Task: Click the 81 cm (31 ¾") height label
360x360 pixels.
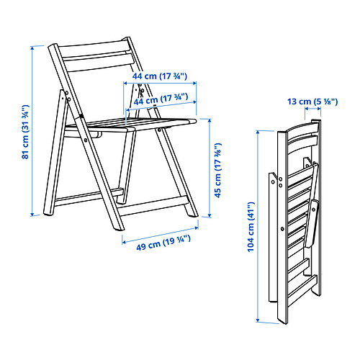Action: (x=25, y=132)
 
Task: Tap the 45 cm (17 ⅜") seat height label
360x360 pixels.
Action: (x=218, y=171)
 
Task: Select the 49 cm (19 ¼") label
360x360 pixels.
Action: (x=163, y=243)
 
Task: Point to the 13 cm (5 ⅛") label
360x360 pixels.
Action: (x=312, y=102)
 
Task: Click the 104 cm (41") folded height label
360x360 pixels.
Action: (x=251, y=227)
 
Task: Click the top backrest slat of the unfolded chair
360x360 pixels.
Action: (x=94, y=48)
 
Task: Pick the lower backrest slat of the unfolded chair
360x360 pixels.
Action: (x=99, y=62)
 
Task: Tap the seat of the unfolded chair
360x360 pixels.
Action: (x=131, y=124)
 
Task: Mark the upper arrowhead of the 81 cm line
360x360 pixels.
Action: (x=32, y=48)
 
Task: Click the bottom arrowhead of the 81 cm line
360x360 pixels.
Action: (x=32, y=214)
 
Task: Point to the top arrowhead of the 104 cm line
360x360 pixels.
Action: (x=258, y=132)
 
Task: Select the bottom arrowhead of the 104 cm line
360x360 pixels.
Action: (x=258, y=320)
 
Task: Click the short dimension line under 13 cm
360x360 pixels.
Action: (x=312, y=109)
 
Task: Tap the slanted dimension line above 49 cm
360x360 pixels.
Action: (x=160, y=235)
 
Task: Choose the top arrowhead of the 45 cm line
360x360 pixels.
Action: (x=210, y=121)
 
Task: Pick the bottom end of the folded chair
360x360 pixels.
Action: (x=282, y=322)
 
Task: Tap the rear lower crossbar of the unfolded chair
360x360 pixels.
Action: (x=89, y=197)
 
